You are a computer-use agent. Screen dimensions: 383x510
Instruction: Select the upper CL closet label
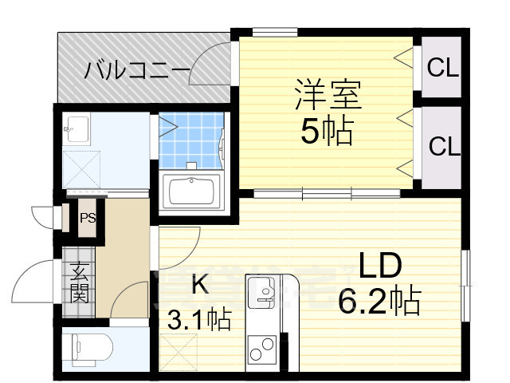(443, 69)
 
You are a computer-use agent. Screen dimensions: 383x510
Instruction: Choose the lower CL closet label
(444, 147)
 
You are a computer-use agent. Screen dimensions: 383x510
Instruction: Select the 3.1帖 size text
(198, 319)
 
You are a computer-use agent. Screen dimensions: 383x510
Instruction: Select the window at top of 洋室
(275, 32)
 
